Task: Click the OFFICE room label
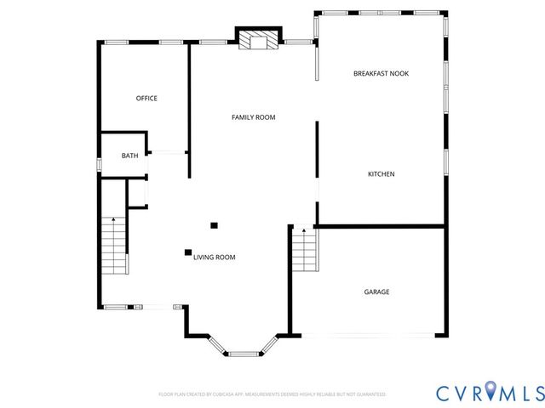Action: click(x=146, y=99)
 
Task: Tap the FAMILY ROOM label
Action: click(x=253, y=117)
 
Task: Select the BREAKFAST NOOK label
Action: click(x=381, y=74)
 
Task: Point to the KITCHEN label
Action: click(x=381, y=174)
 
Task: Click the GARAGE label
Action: click(x=376, y=292)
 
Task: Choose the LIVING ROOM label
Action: click(x=214, y=257)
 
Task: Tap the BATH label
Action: click(x=129, y=156)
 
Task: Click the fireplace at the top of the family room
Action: click(x=256, y=41)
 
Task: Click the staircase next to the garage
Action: click(x=303, y=251)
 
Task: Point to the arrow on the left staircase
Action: click(x=114, y=223)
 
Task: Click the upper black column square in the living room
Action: click(x=215, y=225)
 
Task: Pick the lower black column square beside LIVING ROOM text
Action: click(x=187, y=252)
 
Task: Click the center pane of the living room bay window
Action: click(x=244, y=349)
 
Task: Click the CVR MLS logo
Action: click(x=490, y=393)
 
